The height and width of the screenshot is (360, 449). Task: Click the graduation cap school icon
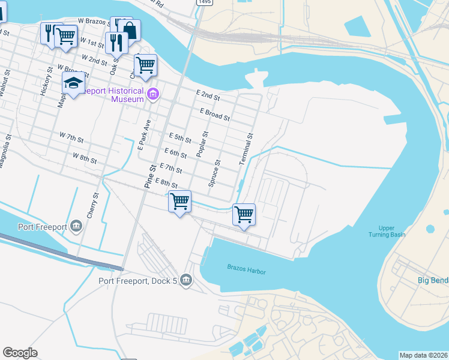[x=73, y=83]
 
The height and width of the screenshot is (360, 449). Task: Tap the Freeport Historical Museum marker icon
[x=153, y=94]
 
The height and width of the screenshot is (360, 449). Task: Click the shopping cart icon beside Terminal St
[x=244, y=214]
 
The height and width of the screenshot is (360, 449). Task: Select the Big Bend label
[x=433, y=281]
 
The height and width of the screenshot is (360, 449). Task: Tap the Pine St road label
[x=146, y=177]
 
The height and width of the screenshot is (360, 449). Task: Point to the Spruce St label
[x=214, y=173]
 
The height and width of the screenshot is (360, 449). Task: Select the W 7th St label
[x=71, y=137]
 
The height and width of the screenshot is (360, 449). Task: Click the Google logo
[x=20, y=353]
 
